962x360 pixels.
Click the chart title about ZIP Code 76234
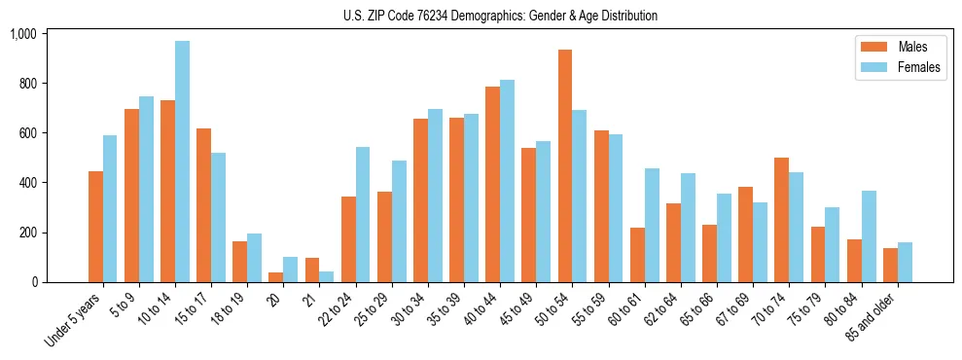(500, 16)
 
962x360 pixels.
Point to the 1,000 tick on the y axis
(22, 34)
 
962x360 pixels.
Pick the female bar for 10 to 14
(182, 162)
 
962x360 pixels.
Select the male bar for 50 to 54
(565, 165)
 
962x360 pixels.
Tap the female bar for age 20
(290, 270)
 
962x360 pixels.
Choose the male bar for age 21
(312, 270)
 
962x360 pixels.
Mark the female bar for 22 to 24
(363, 214)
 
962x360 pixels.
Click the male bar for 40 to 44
(492, 184)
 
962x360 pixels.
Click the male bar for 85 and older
(890, 266)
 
